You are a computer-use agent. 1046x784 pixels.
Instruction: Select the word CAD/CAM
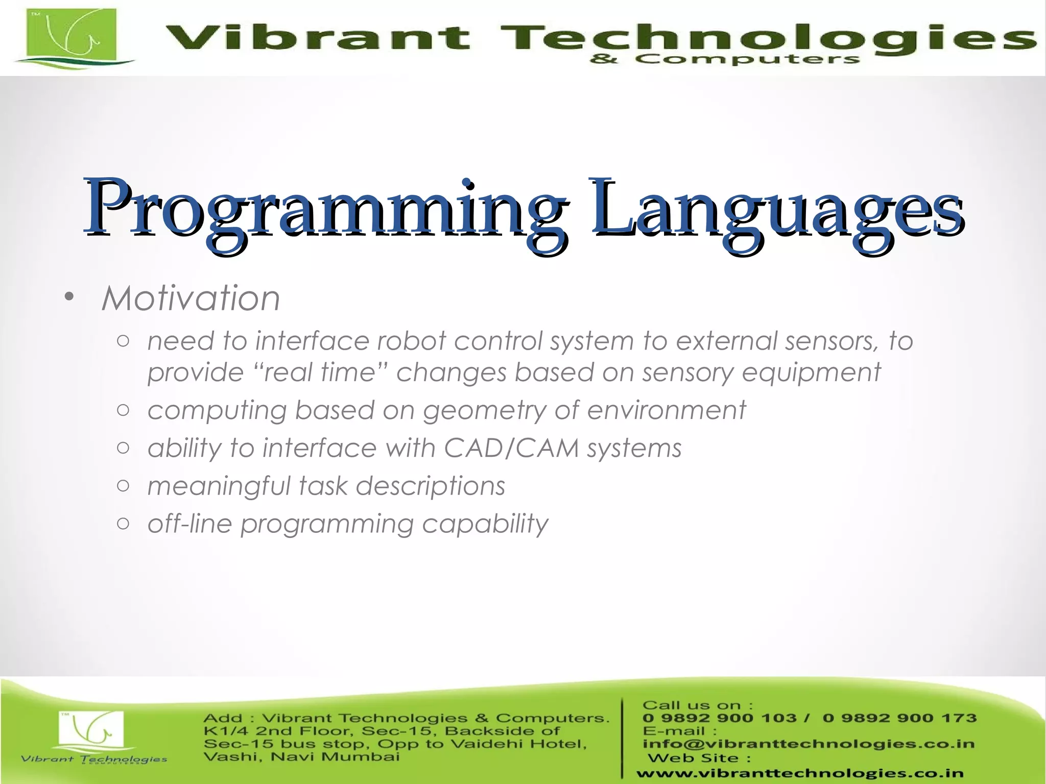[511, 448]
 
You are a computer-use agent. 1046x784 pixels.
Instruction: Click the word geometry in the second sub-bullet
[484, 410]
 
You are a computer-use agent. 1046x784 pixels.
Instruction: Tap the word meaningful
[219, 486]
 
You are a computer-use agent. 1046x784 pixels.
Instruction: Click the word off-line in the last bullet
[189, 524]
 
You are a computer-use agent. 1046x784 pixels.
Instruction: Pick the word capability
[485, 524]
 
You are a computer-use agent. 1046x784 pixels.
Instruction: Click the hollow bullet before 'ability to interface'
[123, 448]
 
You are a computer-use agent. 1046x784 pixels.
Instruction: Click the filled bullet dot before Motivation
[69, 298]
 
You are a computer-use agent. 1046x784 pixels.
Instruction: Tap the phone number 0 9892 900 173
[899, 718]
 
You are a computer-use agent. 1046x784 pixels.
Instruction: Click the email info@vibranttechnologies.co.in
[808, 744]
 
